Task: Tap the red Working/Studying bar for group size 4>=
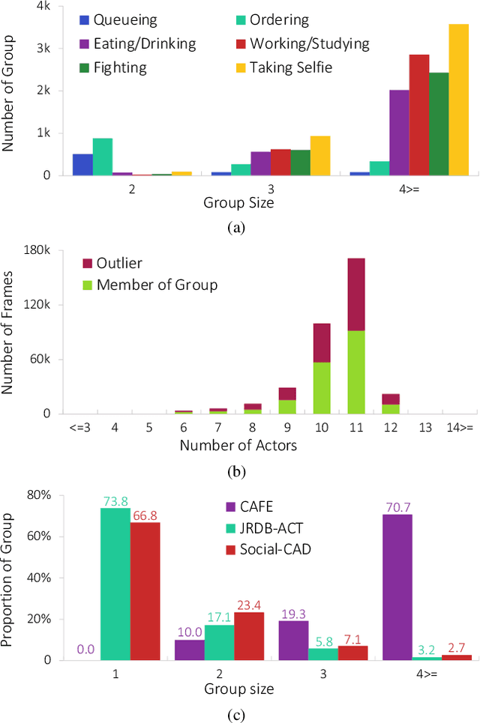tap(418, 115)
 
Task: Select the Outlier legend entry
tap(120, 263)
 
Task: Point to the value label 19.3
tap(292, 614)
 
